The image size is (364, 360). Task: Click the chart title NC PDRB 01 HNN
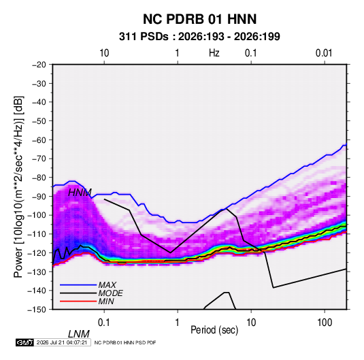(x=199, y=19)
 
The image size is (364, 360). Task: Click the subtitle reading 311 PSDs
(x=144, y=37)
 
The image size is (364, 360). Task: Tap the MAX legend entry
(x=107, y=284)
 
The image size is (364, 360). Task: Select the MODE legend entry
(x=110, y=293)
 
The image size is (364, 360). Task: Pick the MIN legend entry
(x=106, y=301)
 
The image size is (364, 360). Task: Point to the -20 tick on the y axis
(x=39, y=65)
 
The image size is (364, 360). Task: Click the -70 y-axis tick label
(x=39, y=159)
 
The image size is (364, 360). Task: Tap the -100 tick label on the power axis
(x=37, y=215)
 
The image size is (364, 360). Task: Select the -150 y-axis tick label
(x=37, y=310)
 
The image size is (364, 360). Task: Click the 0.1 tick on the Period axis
(x=104, y=323)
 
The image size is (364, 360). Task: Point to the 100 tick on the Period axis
(x=325, y=323)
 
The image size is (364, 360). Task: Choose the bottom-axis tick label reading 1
(x=178, y=323)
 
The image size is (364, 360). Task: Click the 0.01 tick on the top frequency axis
(x=324, y=53)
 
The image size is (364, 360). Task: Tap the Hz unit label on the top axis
(x=214, y=53)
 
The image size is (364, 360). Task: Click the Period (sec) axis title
(x=214, y=330)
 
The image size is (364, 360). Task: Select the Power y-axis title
(x=18, y=186)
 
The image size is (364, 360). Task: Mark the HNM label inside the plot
(x=80, y=193)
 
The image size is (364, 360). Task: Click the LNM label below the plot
(x=79, y=334)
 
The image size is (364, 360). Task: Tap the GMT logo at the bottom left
(x=24, y=342)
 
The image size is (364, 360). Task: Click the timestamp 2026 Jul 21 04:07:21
(x=62, y=342)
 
